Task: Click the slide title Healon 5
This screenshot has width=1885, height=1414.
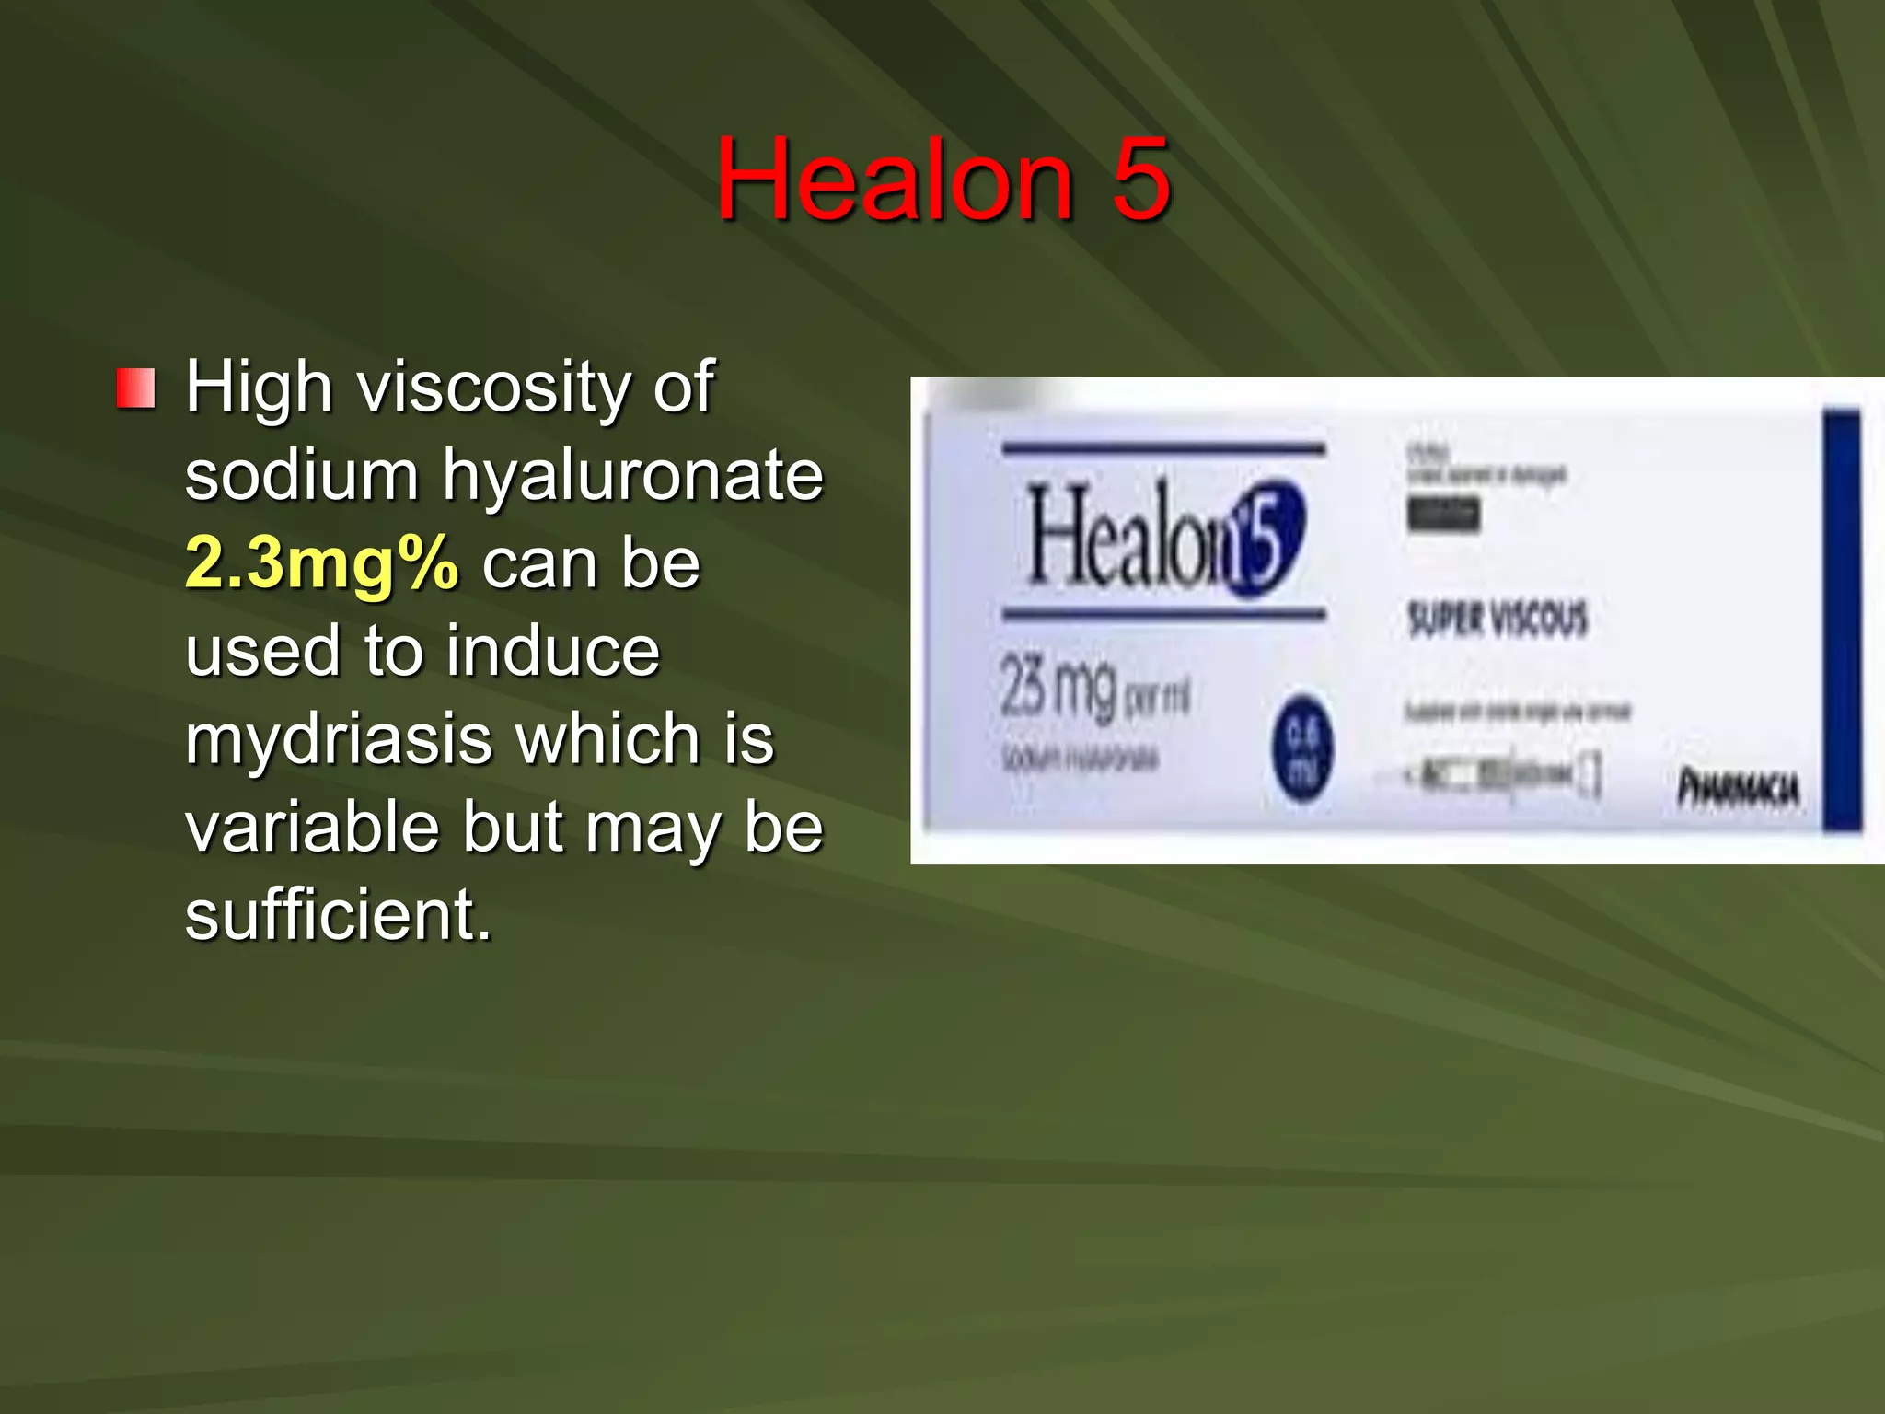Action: click(942, 179)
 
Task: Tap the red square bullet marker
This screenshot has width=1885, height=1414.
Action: click(135, 388)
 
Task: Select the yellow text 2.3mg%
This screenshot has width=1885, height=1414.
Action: click(321, 563)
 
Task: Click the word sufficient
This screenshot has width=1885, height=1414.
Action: click(338, 915)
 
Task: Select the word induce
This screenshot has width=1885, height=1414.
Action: click(554, 651)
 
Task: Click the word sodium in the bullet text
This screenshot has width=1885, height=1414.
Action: click(301, 475)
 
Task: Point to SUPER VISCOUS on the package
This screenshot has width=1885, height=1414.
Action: click(1498, 619)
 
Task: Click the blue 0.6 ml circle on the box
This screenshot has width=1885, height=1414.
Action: click(1302, 747)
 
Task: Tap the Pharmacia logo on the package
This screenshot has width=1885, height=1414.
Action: click(1738, 789)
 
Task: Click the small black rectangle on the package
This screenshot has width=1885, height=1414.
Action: click(1443, 514)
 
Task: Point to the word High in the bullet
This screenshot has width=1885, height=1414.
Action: click(259, 387)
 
